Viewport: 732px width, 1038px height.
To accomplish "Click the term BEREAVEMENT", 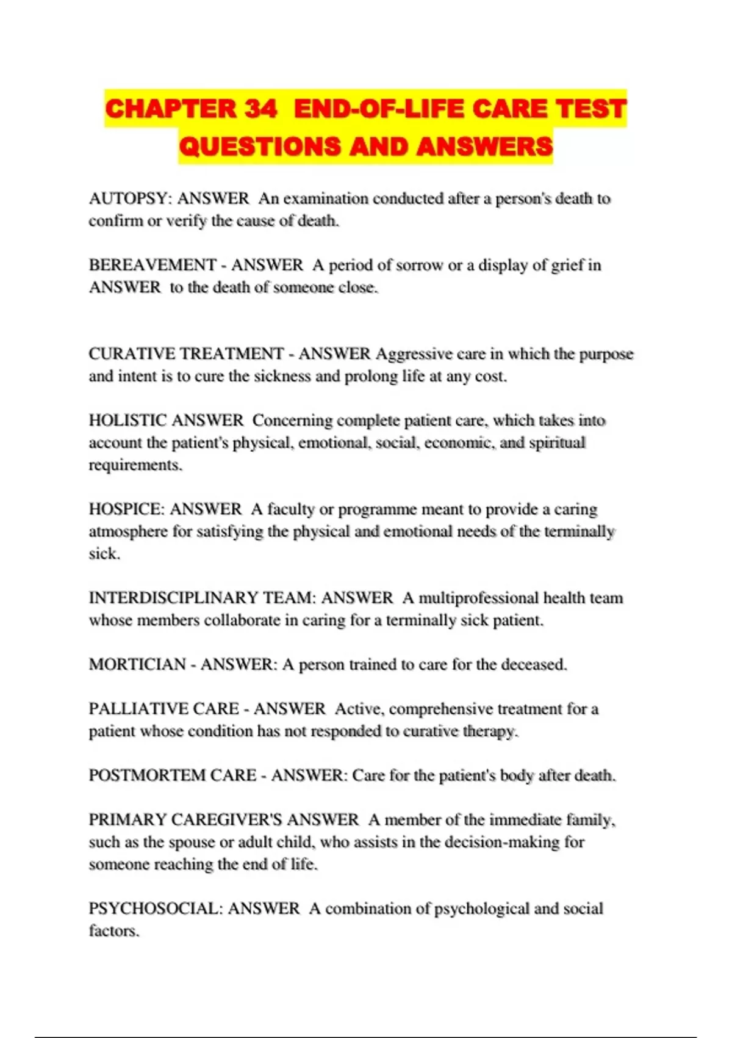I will point(152,266).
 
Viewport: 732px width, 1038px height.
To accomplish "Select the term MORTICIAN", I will point(137,664).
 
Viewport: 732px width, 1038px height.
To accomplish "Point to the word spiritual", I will point(557,443).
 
